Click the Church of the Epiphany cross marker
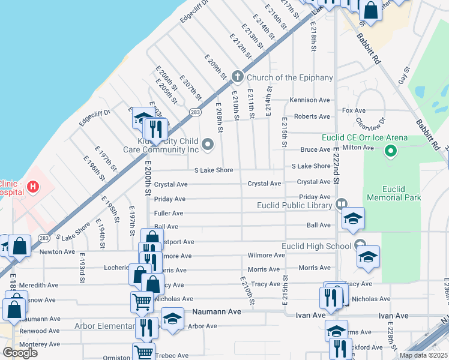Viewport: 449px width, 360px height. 238,77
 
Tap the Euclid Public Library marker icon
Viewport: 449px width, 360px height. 342,205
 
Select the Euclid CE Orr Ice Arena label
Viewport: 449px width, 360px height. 364,138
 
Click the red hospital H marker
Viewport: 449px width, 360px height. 32,187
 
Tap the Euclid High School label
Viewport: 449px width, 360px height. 316,246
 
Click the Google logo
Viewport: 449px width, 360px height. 20,353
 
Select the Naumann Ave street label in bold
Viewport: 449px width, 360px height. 216,312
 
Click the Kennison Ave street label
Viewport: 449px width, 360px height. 310,100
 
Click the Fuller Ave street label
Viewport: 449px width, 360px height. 169,213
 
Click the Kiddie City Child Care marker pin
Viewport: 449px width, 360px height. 208,143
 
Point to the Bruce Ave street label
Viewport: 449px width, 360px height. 316,150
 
